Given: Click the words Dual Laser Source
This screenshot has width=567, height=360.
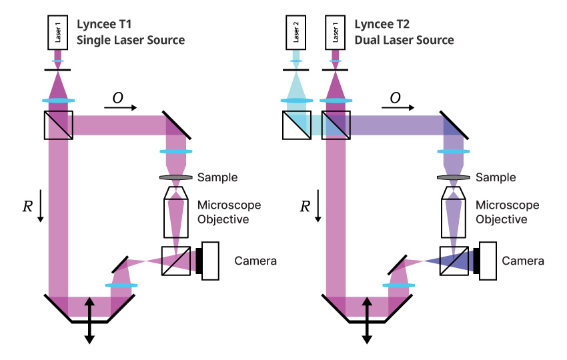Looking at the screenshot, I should (x=404, y=40).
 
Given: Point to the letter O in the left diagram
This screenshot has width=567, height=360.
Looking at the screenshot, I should (x=117, y=98).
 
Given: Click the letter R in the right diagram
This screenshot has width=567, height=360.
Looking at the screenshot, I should (x=304, y=206).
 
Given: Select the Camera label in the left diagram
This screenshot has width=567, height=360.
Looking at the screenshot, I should (x=255, y=260).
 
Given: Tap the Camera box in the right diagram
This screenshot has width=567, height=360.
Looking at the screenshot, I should (x=487, y=261).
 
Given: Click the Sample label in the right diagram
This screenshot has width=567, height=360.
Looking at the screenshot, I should (x=496, y=177).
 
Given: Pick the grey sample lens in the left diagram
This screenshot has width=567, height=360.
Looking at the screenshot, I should (x=176, y=177).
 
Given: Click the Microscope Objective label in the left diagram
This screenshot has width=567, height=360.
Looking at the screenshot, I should (x=229, y=212).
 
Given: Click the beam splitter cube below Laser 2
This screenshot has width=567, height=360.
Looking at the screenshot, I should (x=296, y=125).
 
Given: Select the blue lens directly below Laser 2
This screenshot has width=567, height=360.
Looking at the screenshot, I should (x=296, y=101).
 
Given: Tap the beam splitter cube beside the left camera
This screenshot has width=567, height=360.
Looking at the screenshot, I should (x=175, y=261).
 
